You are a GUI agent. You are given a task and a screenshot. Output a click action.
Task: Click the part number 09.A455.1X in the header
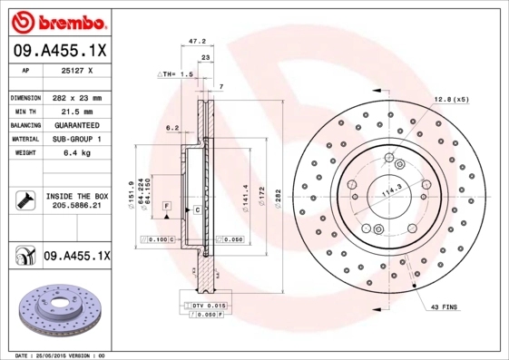click(x=57, y=49)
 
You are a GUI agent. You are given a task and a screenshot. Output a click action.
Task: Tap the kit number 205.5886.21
click(x=76, y=206)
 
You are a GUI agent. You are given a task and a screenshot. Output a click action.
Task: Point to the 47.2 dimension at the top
click(x=193, y=41)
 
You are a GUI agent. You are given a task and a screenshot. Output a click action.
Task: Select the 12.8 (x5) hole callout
click(x=451, y=98)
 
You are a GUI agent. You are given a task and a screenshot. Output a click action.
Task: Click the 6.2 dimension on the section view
click(x=171, y=128)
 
